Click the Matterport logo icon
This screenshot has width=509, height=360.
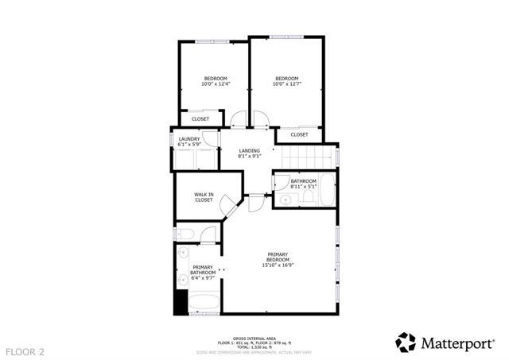click(x=406, y=342)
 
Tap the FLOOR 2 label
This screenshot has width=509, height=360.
click(x=25, y=350)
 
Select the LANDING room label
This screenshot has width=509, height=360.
click(x=250, y=150)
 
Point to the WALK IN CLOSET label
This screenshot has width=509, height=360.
click(x=204, y=197)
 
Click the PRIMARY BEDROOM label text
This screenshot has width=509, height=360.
click(x=277, y=257)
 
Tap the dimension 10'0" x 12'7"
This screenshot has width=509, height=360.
click(x=286, y=83)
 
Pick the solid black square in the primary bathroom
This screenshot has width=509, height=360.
click(x=181, y=303)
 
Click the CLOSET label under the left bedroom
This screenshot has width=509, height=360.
click(x=200, y=118)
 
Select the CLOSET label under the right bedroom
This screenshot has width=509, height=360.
click(x=299, y=134)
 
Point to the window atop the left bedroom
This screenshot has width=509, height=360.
click(x=212, y=41)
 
